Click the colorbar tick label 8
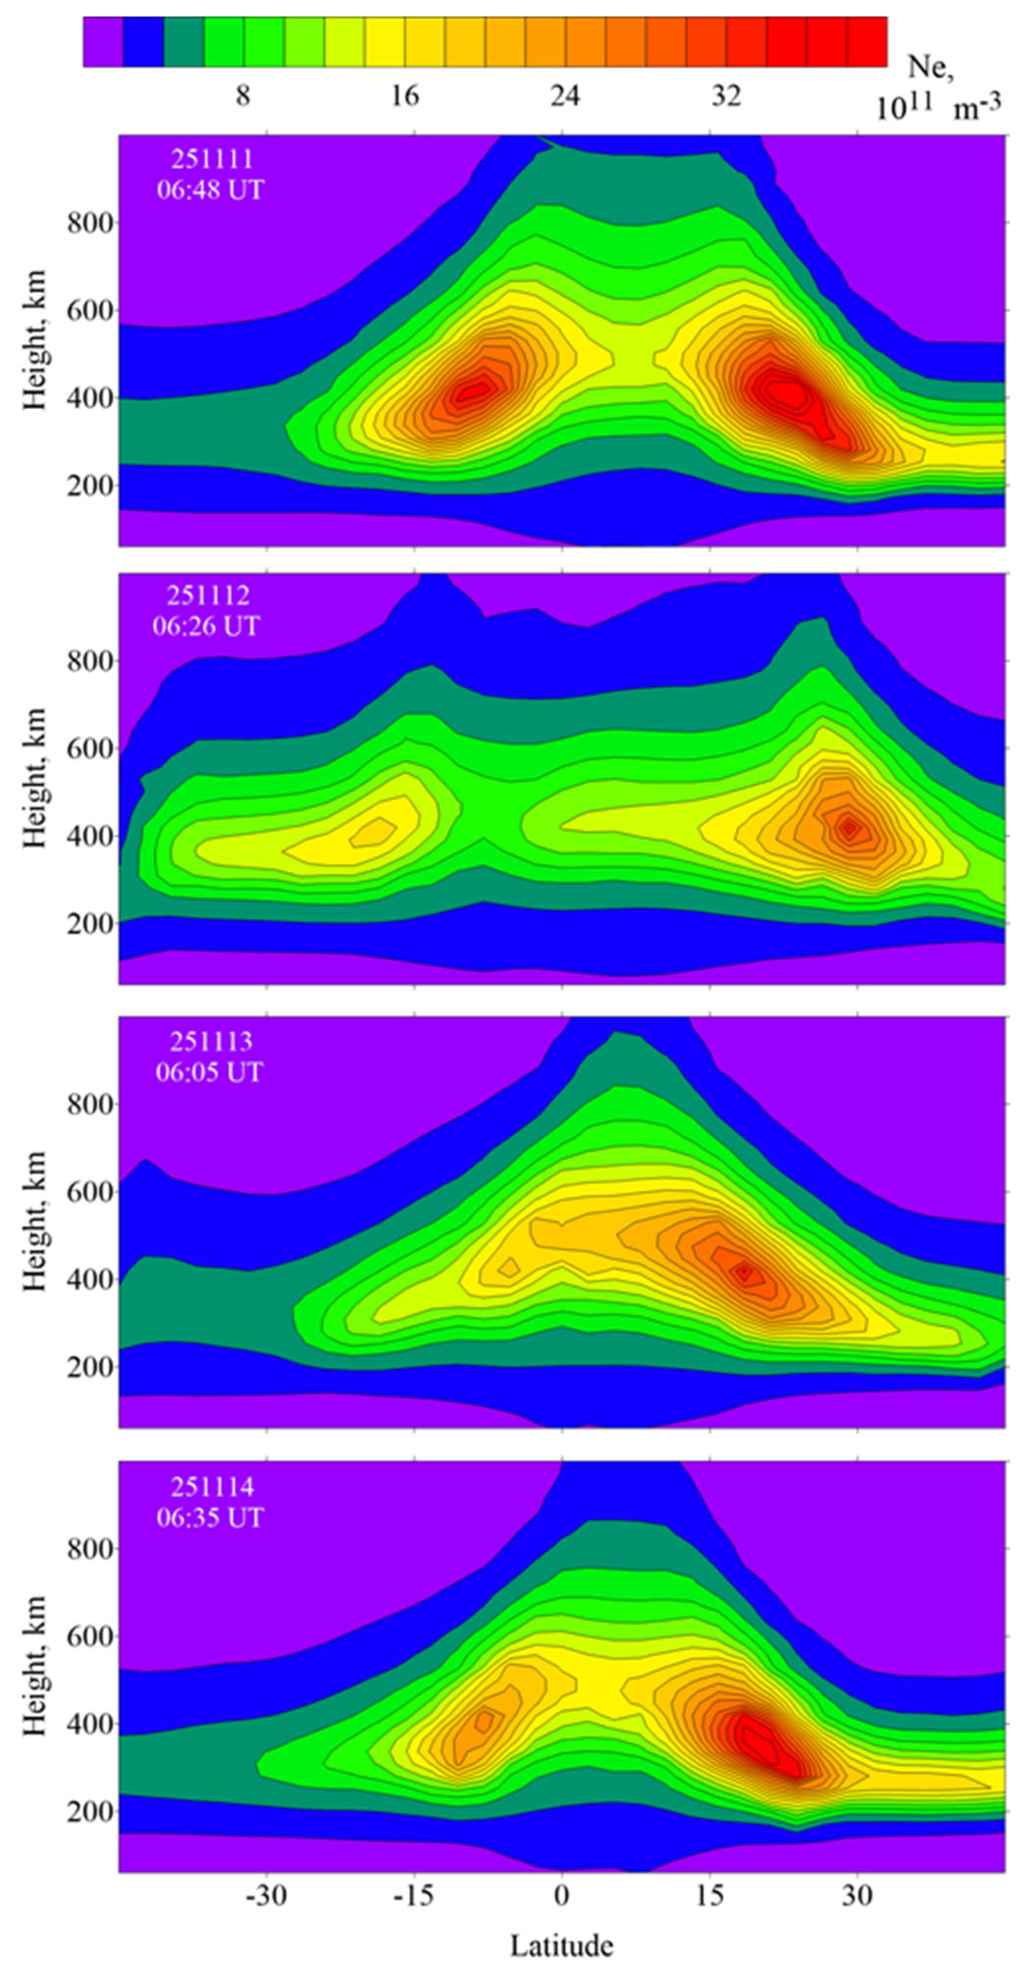click(x=243, y=96)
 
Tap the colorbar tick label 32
click(x=726, y=96)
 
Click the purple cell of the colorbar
click(x=103, y=42)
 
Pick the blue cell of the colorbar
click(x=143, y=42)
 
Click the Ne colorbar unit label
click(x=938, y=88)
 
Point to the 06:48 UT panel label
click(x=210, y=189)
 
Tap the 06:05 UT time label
click(x=209, y=1071)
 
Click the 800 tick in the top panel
click(x=90, y=223)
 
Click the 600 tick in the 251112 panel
click(x=90, y=749)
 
